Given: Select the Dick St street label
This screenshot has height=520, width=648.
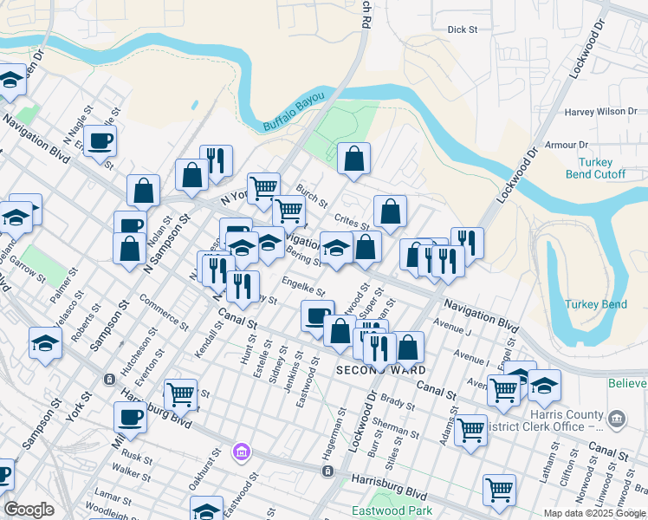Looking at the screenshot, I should (463, 29).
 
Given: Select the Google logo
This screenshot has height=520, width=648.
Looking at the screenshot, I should (29, 510).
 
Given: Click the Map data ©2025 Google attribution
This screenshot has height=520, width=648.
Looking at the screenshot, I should (593, 513).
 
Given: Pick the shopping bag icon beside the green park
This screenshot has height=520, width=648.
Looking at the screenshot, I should (353, 158).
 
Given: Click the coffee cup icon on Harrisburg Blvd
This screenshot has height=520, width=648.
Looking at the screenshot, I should (130, 416).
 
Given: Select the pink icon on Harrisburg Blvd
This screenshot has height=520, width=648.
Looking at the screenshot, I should (241, 451).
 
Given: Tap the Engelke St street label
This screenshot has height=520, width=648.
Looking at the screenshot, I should (303, 285).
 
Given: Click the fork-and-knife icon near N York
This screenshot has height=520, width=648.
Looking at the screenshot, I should (216, 159).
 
